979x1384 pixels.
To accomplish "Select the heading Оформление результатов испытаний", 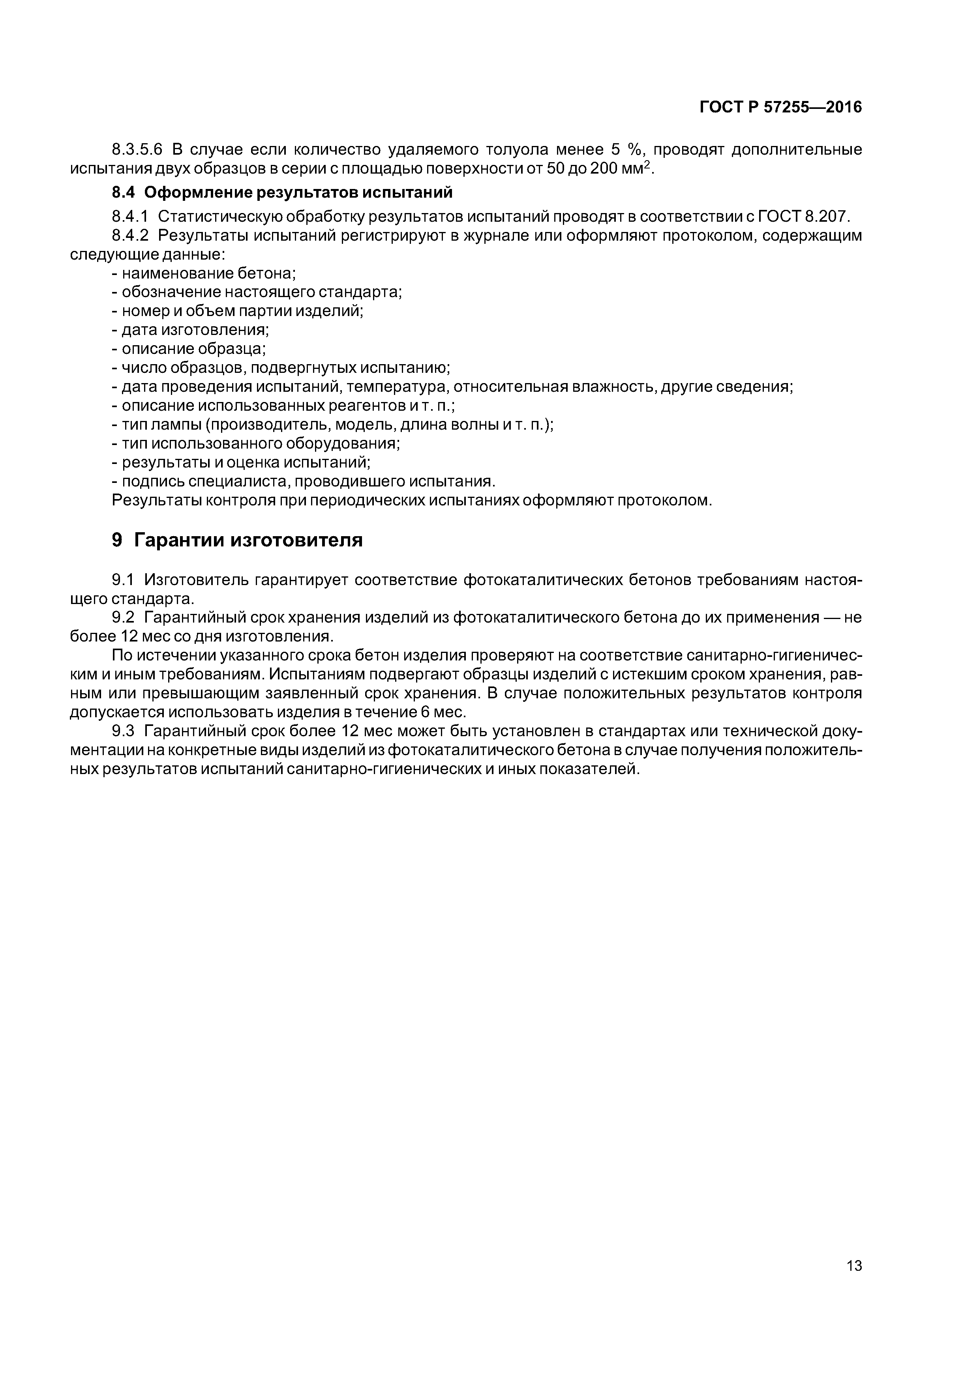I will coord(298,193).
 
